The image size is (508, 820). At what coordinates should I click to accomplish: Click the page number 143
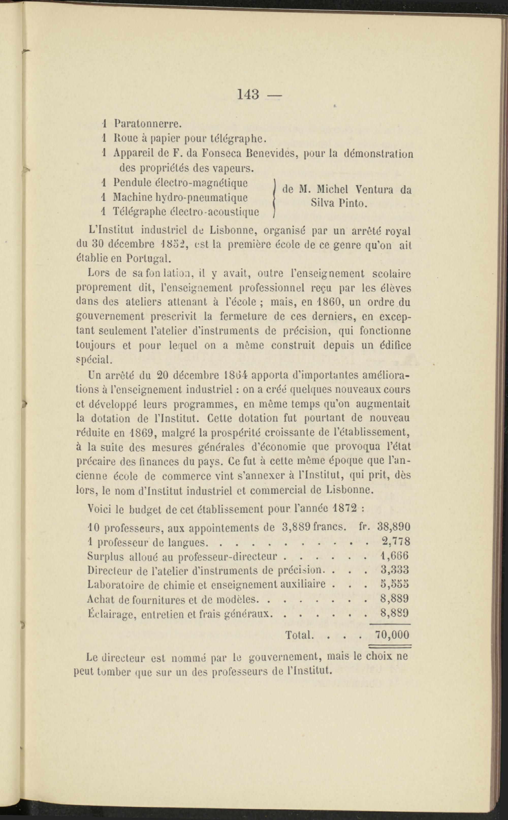pyautogui.click(x=248, y=94)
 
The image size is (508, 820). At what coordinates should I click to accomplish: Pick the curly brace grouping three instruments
pyautogui.click(x=275, y=197)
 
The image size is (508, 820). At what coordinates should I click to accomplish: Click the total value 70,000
pyautogui.click(x=392, y=634)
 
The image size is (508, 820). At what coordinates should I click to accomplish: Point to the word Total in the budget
pyautogui.click(x=299, y=635)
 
